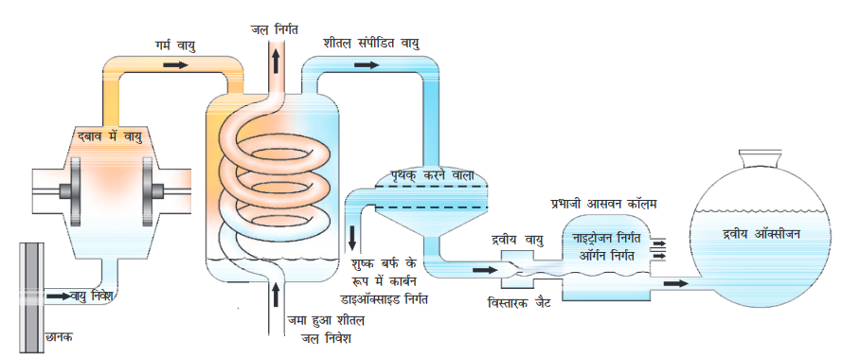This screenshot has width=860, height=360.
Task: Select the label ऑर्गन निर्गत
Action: tap(610, 255)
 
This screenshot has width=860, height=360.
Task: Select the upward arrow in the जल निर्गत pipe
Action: tap(277, 61)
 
